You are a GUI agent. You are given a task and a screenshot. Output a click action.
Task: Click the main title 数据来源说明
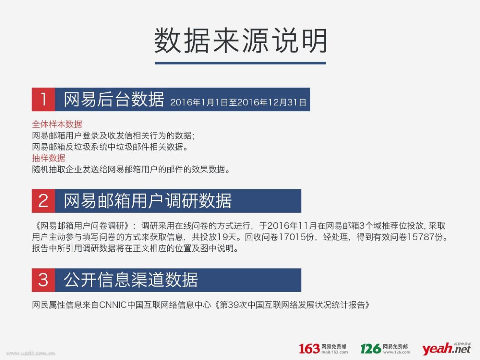(x=240, y=40)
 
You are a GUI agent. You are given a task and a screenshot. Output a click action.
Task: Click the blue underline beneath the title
(x=240, y=63)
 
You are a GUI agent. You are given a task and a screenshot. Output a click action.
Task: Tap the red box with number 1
(x=43, y=99)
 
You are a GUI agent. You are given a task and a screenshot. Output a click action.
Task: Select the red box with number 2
(x=43, y=201)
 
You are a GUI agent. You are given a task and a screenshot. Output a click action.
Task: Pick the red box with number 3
(x=43, y=280)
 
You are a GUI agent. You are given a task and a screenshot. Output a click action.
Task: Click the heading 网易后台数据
(x=114, y=99)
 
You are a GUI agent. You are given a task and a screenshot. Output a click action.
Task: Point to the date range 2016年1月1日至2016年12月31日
(x=238, y=102)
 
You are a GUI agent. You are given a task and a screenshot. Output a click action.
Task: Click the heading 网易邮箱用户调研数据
(x=148, y=201)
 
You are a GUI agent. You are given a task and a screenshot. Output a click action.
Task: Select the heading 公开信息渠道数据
(x=131, y=280)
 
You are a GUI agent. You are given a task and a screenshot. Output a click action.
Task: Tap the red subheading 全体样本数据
(x=57, y=124)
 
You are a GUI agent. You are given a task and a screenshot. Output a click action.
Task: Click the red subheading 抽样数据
(x=48, y=158)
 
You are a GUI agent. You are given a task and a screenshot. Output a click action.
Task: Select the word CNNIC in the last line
(x=113, y=305)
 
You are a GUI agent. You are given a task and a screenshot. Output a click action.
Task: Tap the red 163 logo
(x=309, y=348)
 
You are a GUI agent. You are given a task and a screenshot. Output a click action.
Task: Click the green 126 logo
(x=371, y=348)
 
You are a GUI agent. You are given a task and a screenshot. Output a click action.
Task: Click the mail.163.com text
(x=334, y=352)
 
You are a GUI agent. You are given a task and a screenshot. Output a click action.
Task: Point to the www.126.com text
(x=396, y=352)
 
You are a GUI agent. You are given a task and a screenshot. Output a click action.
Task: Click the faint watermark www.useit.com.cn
(x=31, y=353)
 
